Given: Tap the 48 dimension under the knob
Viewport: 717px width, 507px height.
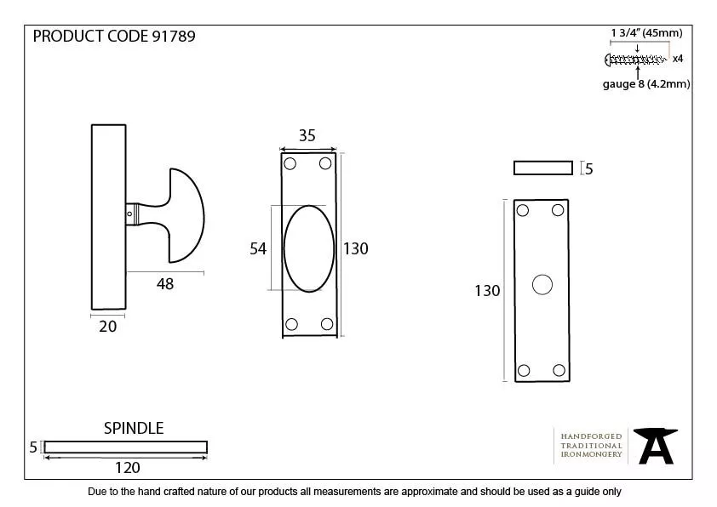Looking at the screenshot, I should pos(165,284).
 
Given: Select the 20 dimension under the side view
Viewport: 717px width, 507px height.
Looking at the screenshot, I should pos(108,326).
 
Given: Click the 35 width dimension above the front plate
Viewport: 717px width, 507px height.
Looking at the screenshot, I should pos(307,135).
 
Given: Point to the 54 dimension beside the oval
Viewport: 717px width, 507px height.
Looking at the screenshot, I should pos(258,248).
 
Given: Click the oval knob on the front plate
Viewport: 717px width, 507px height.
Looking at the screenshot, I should pos(308,248).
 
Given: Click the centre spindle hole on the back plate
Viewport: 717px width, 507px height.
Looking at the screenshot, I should pos(542,285).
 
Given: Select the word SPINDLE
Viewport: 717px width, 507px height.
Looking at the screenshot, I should pos(134,428).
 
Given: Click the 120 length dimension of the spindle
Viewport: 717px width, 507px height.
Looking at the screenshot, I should pos(127,467).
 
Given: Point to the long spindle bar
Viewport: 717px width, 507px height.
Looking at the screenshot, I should pos(125,447).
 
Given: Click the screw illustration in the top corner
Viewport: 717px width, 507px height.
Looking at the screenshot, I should pos(634,59).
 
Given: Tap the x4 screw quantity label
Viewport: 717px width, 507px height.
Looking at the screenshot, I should pos(678,59).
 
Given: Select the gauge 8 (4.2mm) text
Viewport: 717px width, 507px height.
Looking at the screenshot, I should pos(646,83).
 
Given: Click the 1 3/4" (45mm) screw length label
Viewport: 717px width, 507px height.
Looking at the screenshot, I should pos(646,33).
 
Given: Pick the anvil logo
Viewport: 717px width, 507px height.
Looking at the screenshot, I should pos(657,445).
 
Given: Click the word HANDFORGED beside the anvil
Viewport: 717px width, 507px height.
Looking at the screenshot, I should pos(591,436).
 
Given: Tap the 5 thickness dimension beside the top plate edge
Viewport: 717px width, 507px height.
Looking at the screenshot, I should pos(588,169).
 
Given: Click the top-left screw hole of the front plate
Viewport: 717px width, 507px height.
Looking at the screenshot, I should pos(290,162).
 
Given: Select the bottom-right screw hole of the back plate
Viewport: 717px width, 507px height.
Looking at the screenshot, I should pos(559,370).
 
